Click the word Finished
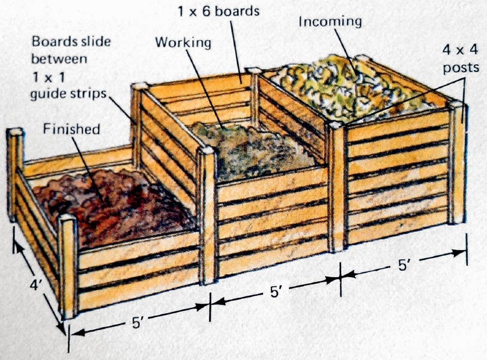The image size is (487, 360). point(71,129)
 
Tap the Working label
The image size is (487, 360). point(183,43)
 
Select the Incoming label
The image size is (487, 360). point(330,22)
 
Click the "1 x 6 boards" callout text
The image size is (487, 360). point(219,11)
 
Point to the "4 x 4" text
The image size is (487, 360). point(461,50)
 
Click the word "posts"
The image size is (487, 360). point(461,68)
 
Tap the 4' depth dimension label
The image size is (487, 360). point(35,286)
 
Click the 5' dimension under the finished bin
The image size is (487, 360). point(137,322)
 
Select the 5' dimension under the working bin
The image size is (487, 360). point(276,292)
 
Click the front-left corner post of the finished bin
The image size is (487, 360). point(68,267)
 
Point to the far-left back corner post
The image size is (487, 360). point(15,174)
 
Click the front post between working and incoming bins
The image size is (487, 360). point(337,186)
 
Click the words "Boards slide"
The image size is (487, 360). point(71,41)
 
